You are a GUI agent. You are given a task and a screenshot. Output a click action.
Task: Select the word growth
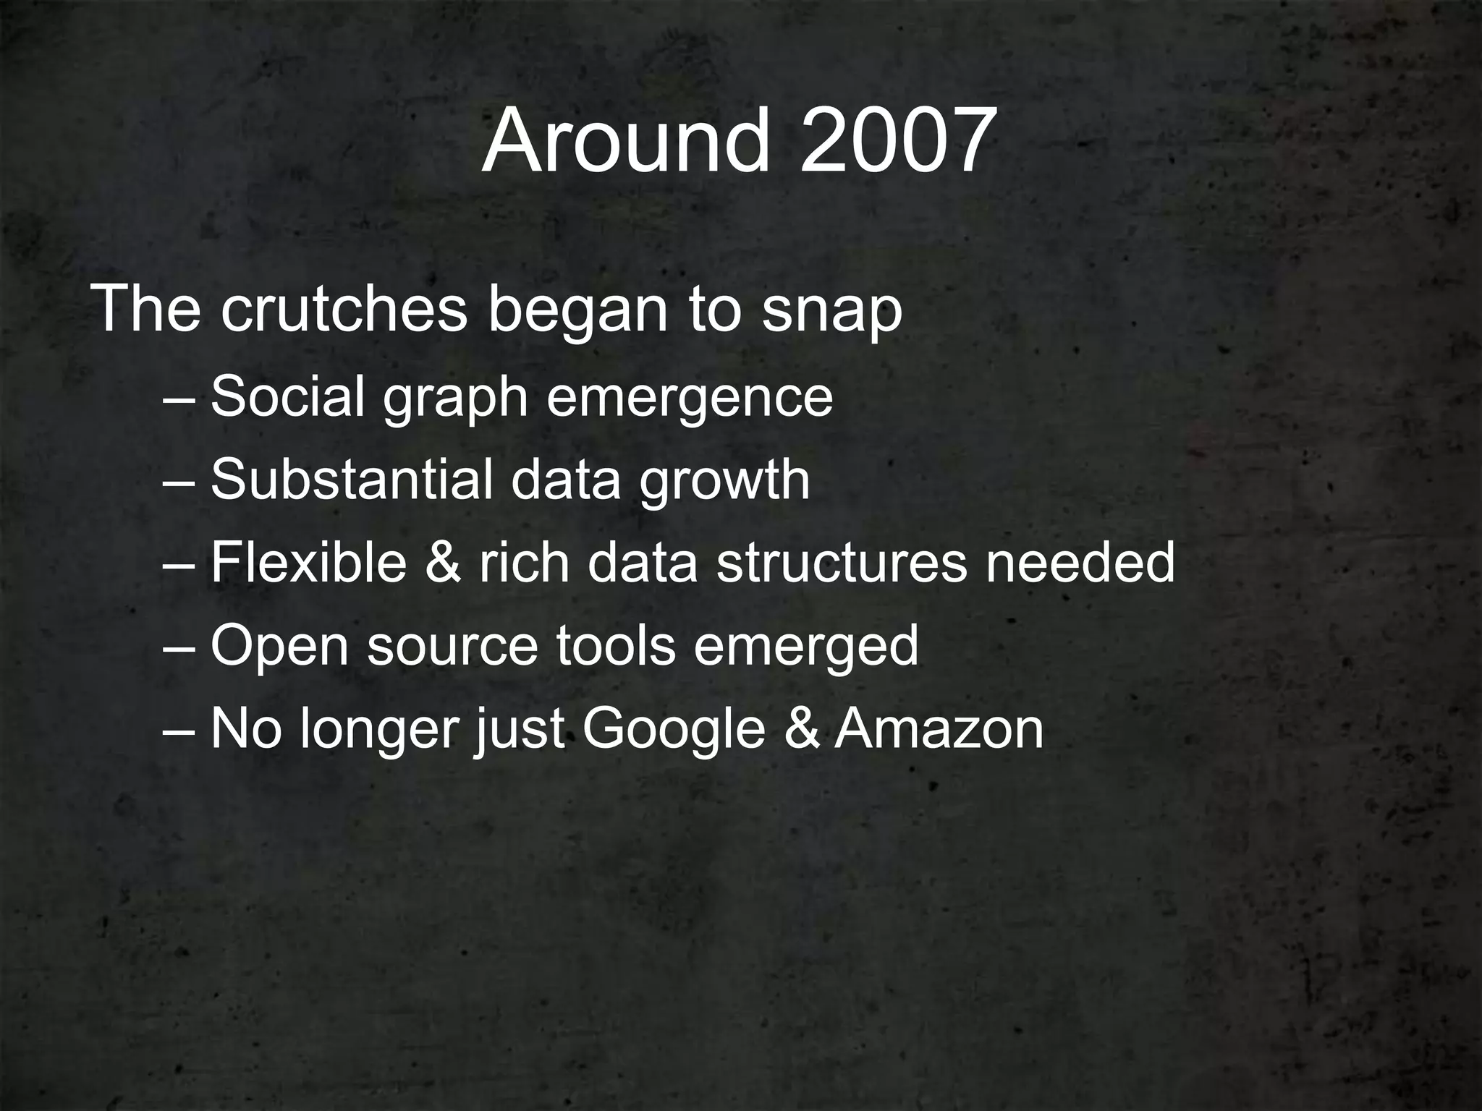[724, 482]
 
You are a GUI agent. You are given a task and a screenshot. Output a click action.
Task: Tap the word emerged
[806, 648]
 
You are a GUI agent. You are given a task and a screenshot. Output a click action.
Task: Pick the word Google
[674, 731]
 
